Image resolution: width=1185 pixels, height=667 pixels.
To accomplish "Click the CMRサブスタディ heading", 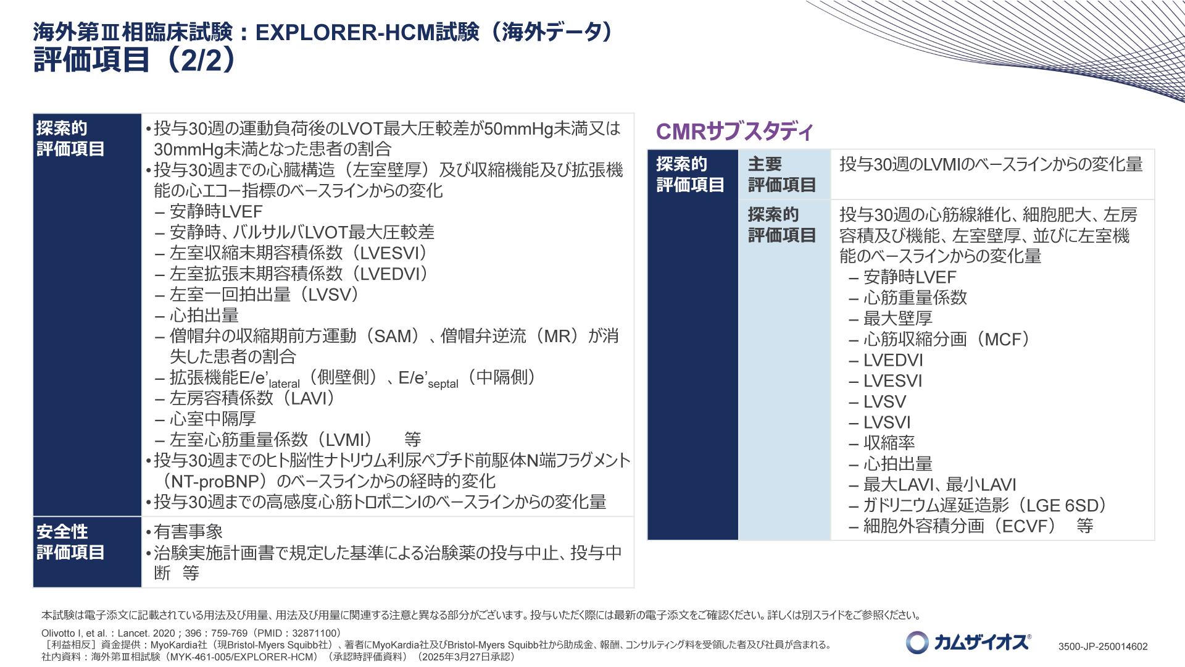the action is [734, 131].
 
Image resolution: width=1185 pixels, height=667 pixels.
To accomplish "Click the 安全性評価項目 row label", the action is [70, 542].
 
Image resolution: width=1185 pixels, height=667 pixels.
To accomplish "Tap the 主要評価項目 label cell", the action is [782, 174].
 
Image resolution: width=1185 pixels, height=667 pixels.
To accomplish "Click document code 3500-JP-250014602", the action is [1103, 647].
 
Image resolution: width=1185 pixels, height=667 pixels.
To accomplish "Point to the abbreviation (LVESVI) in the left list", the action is [391, 253].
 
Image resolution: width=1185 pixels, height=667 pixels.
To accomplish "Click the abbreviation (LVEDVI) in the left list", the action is [391, 274].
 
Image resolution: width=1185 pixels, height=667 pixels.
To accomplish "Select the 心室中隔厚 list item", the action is [212, 419].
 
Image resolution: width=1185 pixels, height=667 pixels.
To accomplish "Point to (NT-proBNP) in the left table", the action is [215, 481].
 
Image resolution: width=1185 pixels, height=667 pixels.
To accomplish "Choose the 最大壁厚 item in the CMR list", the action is [897, 318].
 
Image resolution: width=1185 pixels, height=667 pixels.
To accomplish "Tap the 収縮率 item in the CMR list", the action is [889, 443].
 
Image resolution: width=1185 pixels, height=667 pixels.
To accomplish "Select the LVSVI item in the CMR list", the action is [887, 422].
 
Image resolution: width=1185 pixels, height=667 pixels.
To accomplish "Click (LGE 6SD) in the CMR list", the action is [1062, 505].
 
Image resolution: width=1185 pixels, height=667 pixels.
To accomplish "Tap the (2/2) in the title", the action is [201, 60].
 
